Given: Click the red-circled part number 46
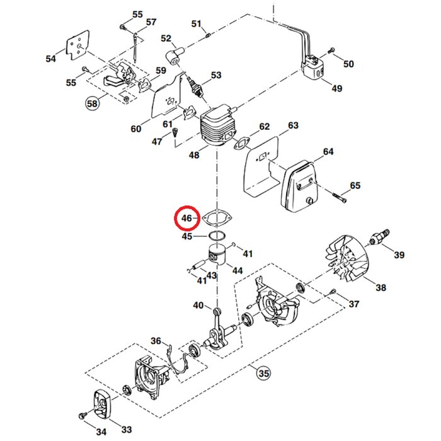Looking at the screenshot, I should point(186,219).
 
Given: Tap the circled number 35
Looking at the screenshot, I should point(263,374).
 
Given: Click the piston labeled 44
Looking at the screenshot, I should point(219,254).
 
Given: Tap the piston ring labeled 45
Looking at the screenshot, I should point(217,236).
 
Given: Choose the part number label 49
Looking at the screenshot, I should point(336,88).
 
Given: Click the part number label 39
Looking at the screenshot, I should point(399,255).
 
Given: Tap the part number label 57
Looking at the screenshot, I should point(151,22).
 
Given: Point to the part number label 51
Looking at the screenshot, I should point(197,25).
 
